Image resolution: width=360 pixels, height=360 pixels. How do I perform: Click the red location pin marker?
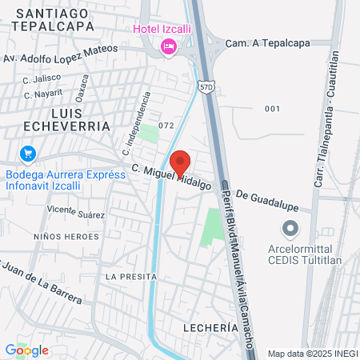(180, 162)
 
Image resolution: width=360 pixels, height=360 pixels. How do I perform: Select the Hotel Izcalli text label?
(158, 30)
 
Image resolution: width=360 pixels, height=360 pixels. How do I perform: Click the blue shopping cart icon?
(27, 153)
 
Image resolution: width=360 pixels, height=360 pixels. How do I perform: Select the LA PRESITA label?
(128, 276)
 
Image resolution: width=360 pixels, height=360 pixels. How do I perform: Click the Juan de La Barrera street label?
(42, 282)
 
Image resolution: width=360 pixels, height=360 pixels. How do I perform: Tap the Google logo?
(26, 350)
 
